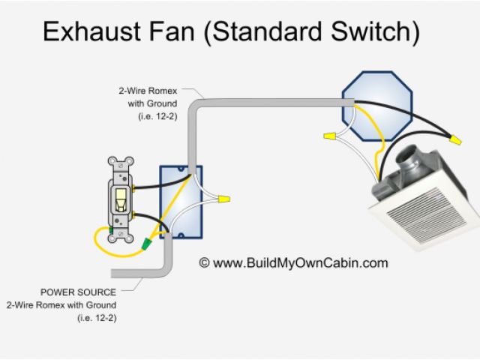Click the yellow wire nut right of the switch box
point(223,200)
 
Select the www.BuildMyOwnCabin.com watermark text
point(300,262)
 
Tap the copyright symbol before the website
point(203,263)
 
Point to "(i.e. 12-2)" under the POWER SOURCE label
point(96,318)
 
